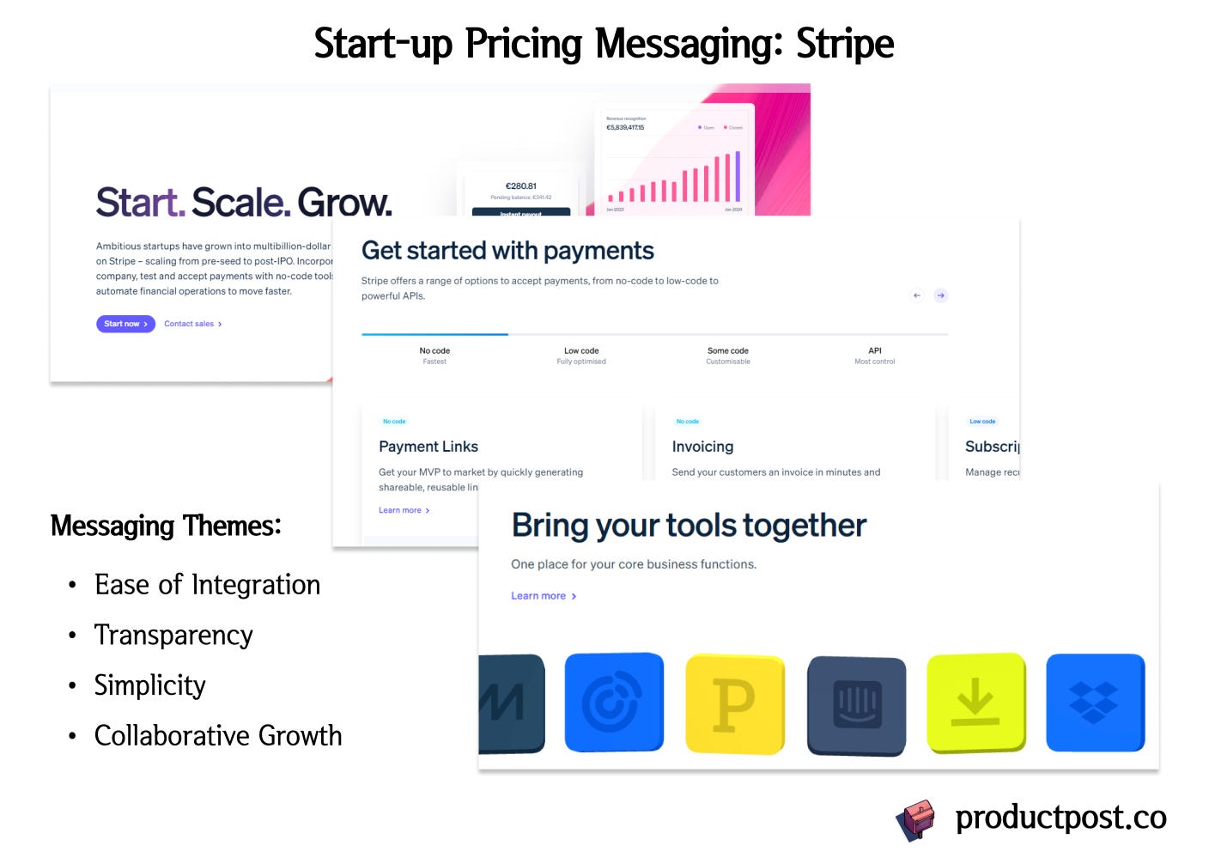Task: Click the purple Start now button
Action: [x=125, y=324]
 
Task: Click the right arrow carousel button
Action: [x=941, y=295]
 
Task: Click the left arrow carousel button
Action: [x=917, y=295]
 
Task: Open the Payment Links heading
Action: [x=428, y=447]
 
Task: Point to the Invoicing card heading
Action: [x=702, y=447]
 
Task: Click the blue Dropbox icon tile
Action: [x=1095, y=703]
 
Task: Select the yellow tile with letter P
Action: [x=735, y=704]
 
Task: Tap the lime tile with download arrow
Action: [x=976, y=703]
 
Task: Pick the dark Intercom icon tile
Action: [x=857, y=705]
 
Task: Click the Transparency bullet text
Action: [x=173, y=636]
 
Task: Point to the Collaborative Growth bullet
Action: [x=218, y=736]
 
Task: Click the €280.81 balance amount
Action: [x=521, y=186]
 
